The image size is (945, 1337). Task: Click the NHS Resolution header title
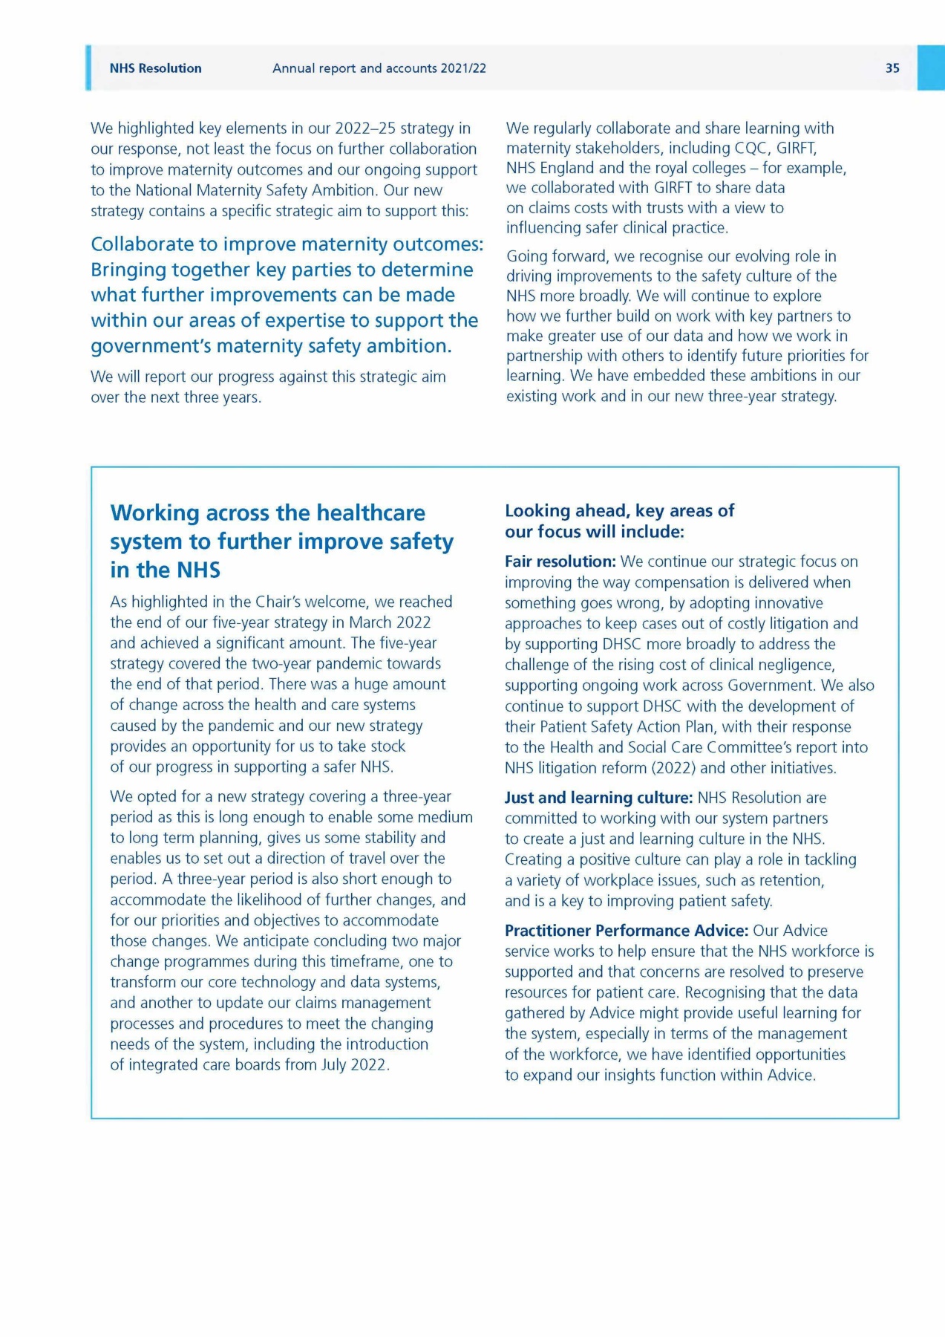click(x=155, y=68)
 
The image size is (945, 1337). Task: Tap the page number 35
click(x=892, y=68)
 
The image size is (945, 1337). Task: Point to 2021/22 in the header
click(x=463, y=68)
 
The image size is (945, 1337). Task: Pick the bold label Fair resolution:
click(x=560, y=562)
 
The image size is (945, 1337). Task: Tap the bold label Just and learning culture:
click(x=598, y=798)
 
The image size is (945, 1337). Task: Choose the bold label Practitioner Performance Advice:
click(x=627, y=931)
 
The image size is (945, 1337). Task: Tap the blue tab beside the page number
click(x=930, y=68)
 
